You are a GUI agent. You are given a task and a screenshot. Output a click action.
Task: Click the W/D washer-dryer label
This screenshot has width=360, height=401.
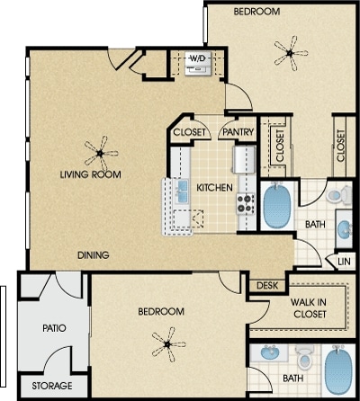pos(198,58)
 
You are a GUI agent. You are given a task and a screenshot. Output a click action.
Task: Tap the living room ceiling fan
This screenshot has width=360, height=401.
pos(101,153)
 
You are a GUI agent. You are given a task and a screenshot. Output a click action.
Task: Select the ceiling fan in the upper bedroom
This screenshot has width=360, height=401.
pos(291,53)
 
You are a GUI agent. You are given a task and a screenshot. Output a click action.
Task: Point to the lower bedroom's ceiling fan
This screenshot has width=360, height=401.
pos(168,344)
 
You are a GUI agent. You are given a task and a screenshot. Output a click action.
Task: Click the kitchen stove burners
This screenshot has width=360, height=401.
pos(246,204)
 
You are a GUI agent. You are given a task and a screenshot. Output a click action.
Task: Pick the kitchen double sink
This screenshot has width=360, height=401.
pos(182,192)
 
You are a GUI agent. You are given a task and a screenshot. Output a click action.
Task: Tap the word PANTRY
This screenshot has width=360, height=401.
pos(238,132)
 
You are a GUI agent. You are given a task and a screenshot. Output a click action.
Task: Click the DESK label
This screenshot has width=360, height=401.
pos(267,286)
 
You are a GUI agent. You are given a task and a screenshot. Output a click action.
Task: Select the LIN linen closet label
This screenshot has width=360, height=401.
pos(344,262)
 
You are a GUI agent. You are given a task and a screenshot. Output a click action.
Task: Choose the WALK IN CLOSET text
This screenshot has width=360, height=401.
pos(309,308)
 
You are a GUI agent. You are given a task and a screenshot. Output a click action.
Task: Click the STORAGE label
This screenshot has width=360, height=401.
pos(52,386)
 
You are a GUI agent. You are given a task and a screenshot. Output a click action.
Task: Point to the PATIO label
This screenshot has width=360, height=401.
pos(54,328)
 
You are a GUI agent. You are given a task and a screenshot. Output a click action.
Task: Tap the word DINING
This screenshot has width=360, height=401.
pos(94,255)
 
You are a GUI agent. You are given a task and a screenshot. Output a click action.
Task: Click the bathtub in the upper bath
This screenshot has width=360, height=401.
pos(277,205)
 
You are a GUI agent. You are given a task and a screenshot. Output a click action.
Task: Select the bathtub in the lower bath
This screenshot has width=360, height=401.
pos(339,370)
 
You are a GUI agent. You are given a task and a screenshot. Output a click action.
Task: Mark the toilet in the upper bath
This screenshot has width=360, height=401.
pos(339,194)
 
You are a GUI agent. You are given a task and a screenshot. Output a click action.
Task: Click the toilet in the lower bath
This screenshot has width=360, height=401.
pos(305,358)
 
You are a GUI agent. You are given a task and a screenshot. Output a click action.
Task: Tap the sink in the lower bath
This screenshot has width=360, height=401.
pos(269,352)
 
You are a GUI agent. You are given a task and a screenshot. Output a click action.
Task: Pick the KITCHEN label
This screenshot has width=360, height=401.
pos(214,188)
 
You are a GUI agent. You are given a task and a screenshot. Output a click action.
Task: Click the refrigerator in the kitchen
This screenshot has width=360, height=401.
pos(245,159)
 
